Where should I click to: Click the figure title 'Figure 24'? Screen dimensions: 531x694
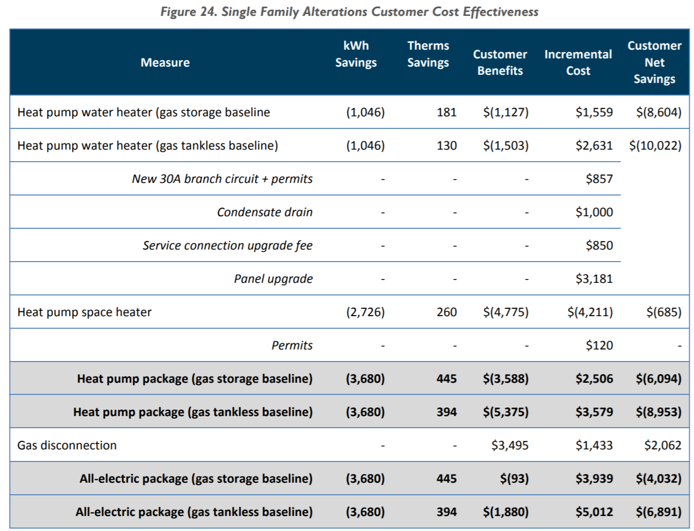pos(349,12)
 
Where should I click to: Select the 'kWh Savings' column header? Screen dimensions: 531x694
pos(356,54)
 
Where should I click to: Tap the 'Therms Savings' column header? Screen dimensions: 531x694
pos(428,54)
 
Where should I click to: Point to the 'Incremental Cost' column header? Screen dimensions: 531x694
pos(578,62)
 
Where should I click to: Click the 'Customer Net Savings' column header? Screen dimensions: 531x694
pos(654,62)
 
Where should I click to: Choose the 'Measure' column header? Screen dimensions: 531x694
pos(165,62)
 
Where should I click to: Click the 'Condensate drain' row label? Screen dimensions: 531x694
pos(264,212)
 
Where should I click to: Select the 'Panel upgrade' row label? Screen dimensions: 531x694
pos(273,279)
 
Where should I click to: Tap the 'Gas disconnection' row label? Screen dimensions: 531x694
pos(67,445)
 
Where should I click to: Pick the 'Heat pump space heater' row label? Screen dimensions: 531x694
pos(85,312)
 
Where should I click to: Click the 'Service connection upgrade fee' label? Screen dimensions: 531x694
pos(227,245)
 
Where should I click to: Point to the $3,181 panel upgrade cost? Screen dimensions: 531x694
pos(594,279)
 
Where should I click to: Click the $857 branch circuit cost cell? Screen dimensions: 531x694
pos(599,179)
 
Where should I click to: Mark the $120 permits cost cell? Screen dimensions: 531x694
pos(599,345)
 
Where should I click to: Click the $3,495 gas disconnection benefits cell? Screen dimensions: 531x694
pos(510,445)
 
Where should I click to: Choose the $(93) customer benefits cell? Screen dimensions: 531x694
pos(514,478)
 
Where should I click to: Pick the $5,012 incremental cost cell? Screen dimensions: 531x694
pos(594,512)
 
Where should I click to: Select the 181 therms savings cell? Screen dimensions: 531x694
pos(447,112)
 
